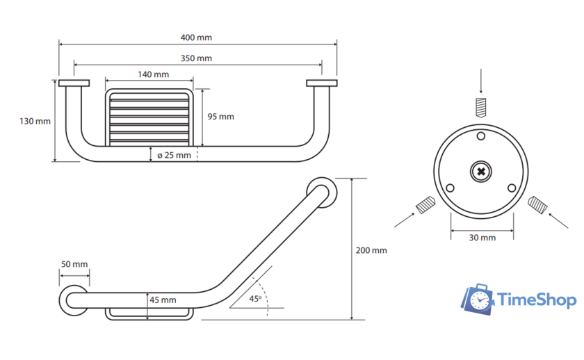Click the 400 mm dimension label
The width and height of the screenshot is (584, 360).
[196, 38]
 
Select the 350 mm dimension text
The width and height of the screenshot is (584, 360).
[196, 58]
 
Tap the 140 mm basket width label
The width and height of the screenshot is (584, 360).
[154, 74]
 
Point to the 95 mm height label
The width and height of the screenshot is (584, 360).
[221, 117]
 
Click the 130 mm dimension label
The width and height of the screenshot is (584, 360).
[35, 121]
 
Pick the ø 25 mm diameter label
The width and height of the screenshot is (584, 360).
[174, 155]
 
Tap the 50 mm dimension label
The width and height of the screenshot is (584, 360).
[74, 264]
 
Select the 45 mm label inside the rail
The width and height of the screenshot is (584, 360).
[163, 300]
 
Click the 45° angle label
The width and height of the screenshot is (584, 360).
[256, 299]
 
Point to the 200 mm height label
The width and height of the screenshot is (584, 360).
[371, 250]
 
